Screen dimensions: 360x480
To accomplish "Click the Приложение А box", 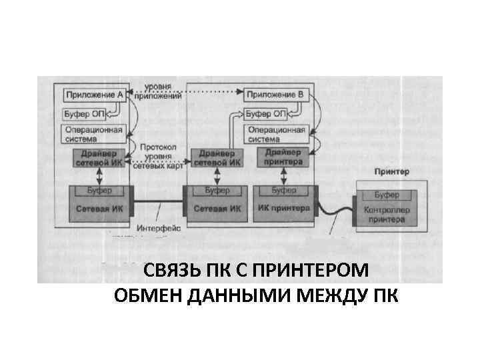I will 93,95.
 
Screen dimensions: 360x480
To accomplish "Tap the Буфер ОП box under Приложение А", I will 83,113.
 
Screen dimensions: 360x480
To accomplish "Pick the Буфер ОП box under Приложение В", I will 265,113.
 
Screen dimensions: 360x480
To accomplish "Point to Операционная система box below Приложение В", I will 276,134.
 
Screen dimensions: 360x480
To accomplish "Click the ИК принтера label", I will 283,208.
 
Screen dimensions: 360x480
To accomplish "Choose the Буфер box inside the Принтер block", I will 387,195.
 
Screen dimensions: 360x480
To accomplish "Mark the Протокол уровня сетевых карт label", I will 158,156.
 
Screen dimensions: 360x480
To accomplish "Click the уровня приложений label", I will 158,91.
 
